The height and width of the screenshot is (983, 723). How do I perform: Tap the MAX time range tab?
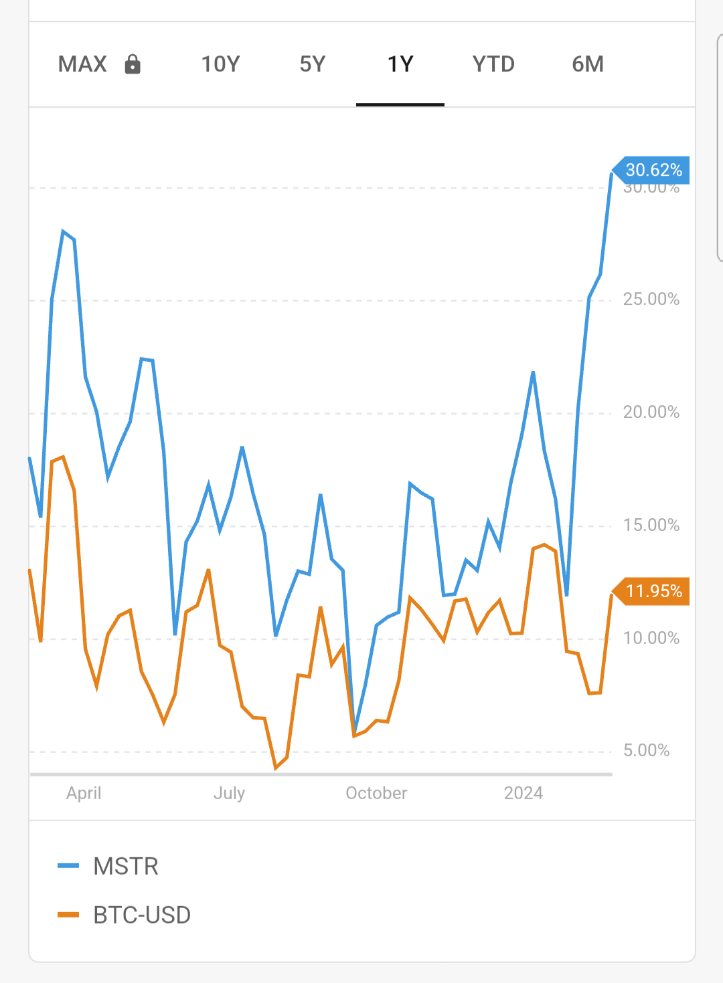pyautogui.click(x=82, y=64)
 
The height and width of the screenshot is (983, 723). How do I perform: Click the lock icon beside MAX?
pyautogui.click(x=133, y=64)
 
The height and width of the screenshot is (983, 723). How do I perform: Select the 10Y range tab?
pyautogui.click(x=220, y=64)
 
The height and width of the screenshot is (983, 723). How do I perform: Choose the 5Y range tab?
pyautogui.click(x=312, y=64)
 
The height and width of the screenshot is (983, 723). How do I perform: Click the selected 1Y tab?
pyautogui.click(x=400, y=64)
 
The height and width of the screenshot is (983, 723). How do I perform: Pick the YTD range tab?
pyautogui.click(x=493, y=64)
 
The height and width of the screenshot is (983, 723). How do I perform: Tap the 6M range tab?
pyautogui.click(x=588, y=64)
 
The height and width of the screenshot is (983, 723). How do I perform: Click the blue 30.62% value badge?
pyautogui.click(x=653, y=171)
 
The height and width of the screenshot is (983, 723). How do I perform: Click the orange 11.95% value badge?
pyautogui.click(x=653, y=591)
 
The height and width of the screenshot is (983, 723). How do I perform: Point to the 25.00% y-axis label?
pyautogui.click(x=651, y=299)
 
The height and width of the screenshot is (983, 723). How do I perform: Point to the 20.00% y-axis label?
pyautogui.click(x=651, y=412)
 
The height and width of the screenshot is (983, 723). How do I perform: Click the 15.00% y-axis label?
pyautogui.click(x=651, y=525)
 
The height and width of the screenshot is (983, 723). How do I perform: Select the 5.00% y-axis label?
pyautogui.click(x=646, y=750)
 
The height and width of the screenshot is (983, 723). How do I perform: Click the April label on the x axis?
pyautogui.click(x=84, y=793)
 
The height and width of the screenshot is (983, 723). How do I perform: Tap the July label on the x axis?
pyautogui.click(x=229, y=793)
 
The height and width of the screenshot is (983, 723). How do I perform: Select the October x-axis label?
pyautogui.click(x=376, y=793)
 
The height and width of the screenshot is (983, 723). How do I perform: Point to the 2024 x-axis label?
pyautogui.click(x=524, y=793)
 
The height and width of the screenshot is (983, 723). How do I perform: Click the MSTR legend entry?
pyautogui.click(x=125, y=867)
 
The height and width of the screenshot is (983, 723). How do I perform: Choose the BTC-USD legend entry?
pyautogui.click(x=141, y=915)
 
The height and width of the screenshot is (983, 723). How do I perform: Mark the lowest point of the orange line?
pyautogui.click(x=276, y=768)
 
